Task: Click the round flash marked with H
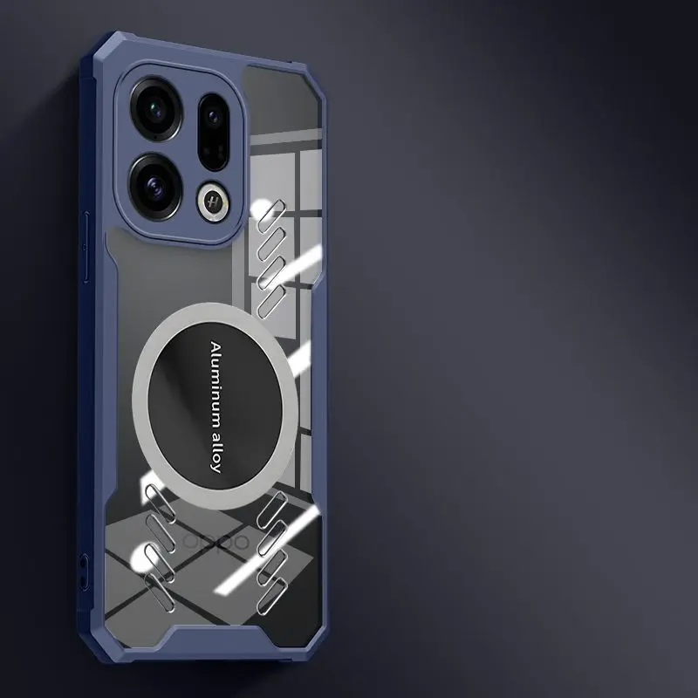[x=212, y=201]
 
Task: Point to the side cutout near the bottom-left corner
[x=83, y=571]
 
